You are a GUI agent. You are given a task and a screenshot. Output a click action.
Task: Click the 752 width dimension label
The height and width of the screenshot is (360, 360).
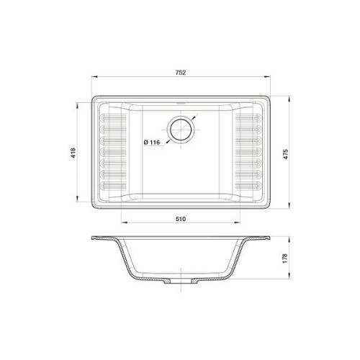tap(181, 73)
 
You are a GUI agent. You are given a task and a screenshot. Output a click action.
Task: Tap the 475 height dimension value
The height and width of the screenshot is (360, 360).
tap(286, 154)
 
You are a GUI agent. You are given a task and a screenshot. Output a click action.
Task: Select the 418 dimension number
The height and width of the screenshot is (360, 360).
tap(73, 153)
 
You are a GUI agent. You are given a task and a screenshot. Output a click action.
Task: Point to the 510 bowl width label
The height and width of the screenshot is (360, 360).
tap(181, 219)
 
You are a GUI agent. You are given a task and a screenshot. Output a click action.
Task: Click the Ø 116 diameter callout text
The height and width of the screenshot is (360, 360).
tap(152, 143)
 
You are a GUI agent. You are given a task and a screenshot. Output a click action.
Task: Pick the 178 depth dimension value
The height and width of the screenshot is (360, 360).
tap(285, 258)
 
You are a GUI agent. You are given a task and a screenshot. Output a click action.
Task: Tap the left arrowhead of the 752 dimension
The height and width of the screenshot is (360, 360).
tap(94, 77)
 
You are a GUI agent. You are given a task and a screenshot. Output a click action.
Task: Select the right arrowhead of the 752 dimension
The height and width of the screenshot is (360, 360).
tap(267, 77)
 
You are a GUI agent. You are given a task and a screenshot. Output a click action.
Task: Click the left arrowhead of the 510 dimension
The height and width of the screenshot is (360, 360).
tap(124, 222)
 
